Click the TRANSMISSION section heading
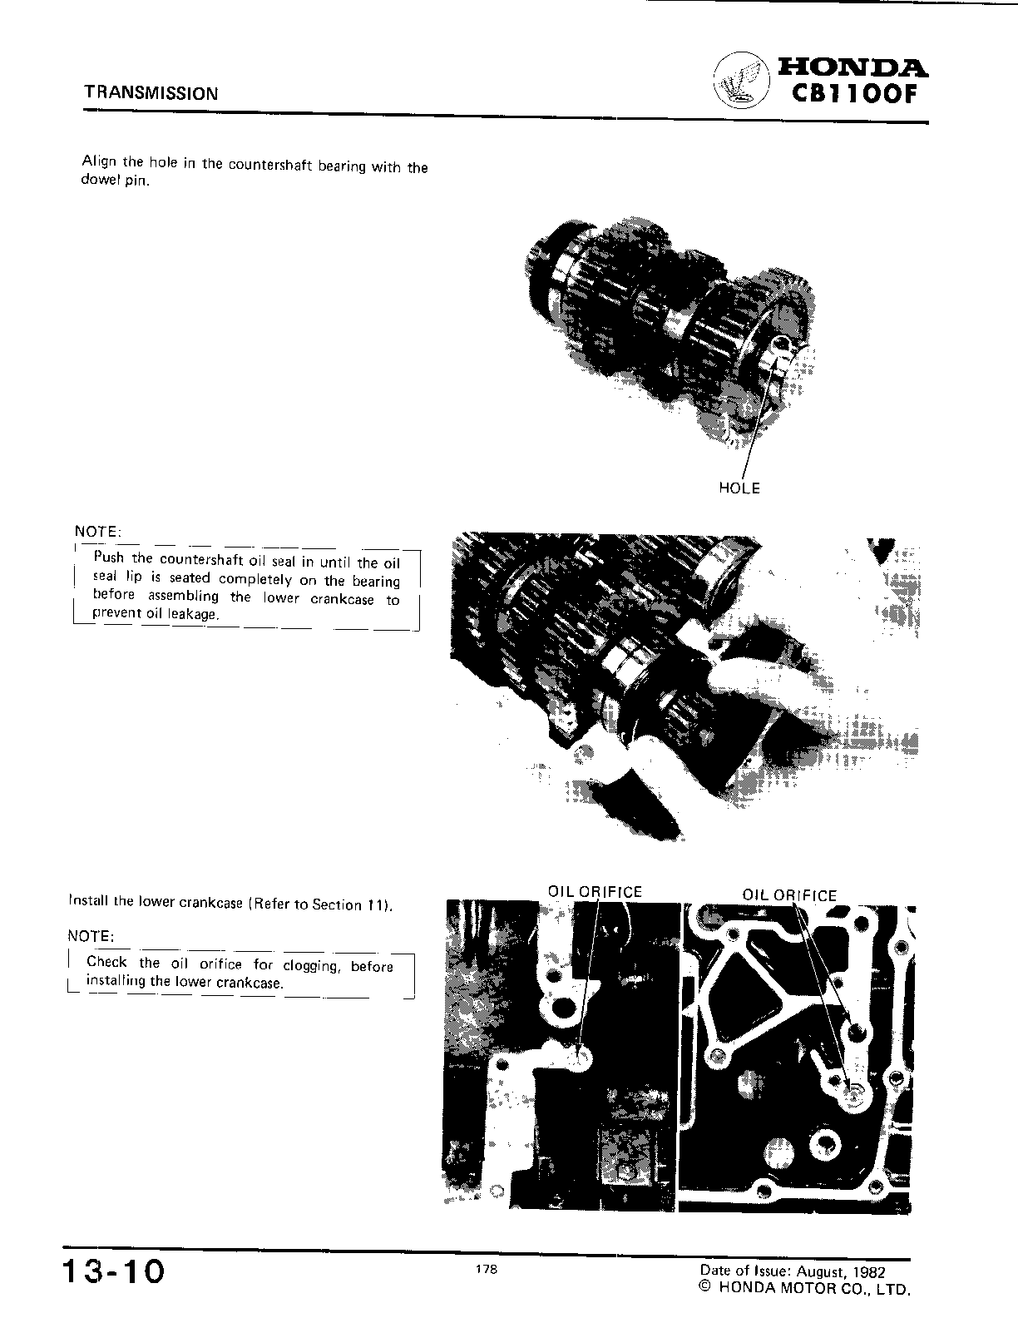[151, 93]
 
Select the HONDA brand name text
[852, 67]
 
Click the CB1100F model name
[852, 93]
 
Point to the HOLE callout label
[739, 488]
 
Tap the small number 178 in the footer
[487, 1269]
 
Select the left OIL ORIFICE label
[595, 892]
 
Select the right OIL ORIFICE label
[789, 895]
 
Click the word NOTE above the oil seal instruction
[97, 532]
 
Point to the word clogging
[310, 966]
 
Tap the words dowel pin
[116, 181]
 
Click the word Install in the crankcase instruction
[88, 900]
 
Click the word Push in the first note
[109, 558]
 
